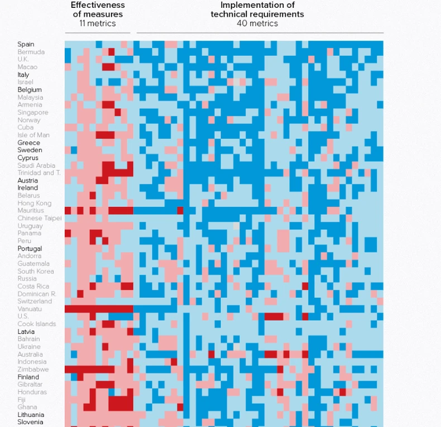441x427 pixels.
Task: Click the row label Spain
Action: click(x=26, y=44)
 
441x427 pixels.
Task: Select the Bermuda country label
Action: click(x=31, y=52)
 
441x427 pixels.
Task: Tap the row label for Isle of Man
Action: click(x=33, y=135)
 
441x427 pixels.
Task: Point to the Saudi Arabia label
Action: click(x=36, y=165)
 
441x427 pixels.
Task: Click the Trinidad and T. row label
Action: click(x=39, y=173)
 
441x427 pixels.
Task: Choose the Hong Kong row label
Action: click(x=34, y=203)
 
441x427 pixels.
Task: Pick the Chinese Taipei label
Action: click(x=40, y=218)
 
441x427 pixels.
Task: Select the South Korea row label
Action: click(x=36, y=271)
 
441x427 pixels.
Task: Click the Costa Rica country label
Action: click(x=33, y=286)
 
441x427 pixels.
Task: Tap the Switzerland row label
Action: click(x=35, y=301)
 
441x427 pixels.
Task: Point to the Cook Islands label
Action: click(x=36, y=324)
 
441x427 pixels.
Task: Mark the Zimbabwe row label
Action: click(x=33, y=370)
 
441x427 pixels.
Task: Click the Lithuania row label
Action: click(x=31, y=415)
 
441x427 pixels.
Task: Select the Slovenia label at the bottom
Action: click(x=30, y=422)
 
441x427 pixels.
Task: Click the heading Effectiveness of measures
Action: click(x=98, y=9)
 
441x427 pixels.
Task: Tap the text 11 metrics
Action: click(x=98, y=23)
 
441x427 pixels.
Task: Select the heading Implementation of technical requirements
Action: click(x=257, y=9)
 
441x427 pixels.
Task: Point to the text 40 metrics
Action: click(x=257, y=23)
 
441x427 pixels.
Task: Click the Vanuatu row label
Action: click(x=29, y=309)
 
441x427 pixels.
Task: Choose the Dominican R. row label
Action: click(x=37, y=294)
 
